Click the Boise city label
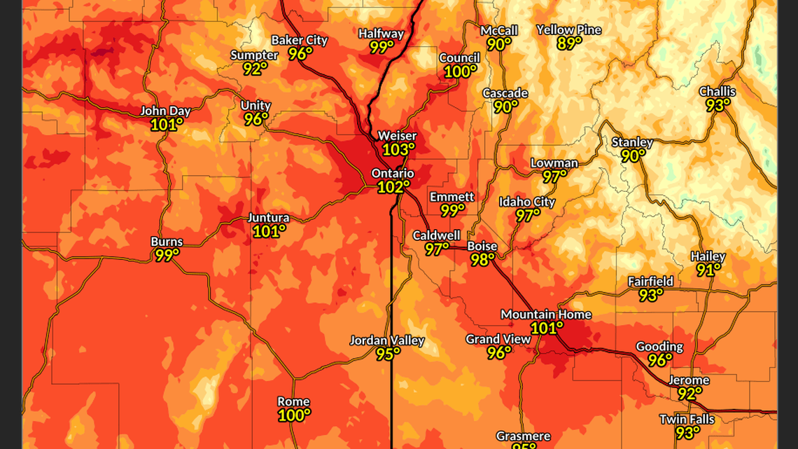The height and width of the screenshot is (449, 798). click(482, 247)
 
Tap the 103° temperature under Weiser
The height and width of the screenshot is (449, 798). click(399, 149)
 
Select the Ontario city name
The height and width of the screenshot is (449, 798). click(393, 174)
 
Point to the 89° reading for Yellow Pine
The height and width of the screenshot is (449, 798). click(569, 43)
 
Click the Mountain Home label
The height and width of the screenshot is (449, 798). click(546, 315)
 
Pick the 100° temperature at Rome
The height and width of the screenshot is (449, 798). click(294, 415)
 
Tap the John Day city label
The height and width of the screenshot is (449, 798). click(165, 111)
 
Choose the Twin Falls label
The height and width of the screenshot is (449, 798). click(687, 420)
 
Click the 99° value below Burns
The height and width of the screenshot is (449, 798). click(167, 256)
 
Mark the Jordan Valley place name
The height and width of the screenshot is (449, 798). click(387, 341)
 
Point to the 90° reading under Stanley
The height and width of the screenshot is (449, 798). click(633, 156)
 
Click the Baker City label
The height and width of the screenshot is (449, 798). click(300, 40)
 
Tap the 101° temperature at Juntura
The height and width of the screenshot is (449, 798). click(269, 231)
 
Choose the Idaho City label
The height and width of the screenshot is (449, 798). click(526, 202)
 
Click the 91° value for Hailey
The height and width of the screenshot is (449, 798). click(708, 270)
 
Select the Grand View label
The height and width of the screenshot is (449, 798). click(498, 340)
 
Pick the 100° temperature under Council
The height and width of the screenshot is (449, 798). click(460, 71)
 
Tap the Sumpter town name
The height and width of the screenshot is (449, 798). click(254, 55)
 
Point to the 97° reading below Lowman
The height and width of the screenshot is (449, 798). click(554, 177)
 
